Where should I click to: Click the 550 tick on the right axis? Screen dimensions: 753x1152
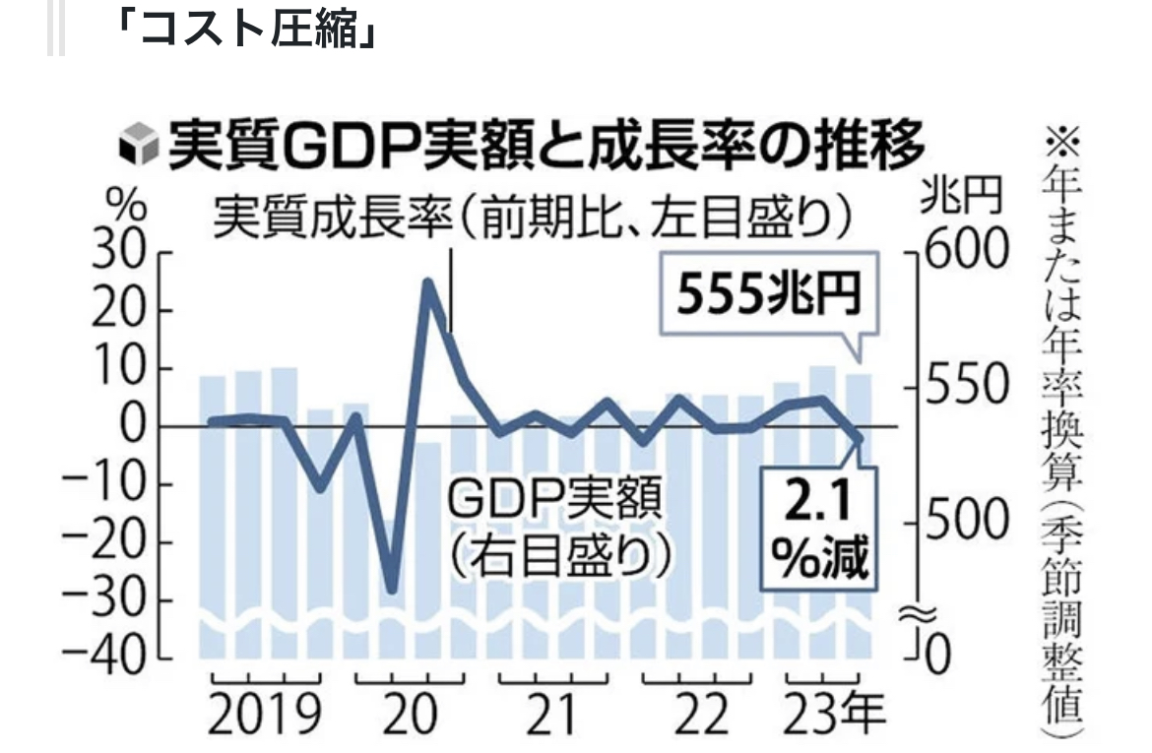pyautogui.click(x=966, y=388)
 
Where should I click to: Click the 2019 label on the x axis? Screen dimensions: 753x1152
pyautogui.click(x=265, y=715)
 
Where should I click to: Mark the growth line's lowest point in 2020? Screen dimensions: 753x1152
pyautogui.click(x=392, y=590)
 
